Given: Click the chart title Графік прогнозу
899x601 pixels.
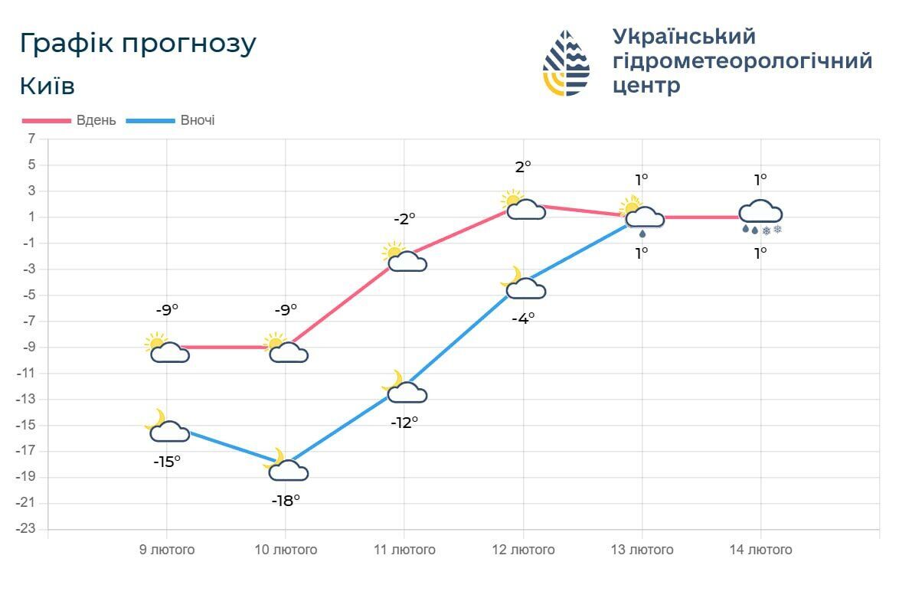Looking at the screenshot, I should [138, 44].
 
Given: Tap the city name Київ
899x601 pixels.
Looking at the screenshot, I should [47, 86].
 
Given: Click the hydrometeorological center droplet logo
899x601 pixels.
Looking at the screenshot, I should [567, 63].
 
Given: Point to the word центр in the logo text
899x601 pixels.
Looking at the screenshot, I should [646, 85].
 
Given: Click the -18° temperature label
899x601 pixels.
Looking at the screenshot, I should [286, 501].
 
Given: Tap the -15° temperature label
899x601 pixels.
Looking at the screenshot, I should [167, 462].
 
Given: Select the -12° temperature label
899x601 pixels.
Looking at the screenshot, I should [404, 422].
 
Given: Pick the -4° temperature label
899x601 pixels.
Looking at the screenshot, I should [523, 318].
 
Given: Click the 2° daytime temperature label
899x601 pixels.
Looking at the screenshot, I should [523, 166].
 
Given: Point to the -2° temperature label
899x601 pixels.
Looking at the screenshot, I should [404, 218].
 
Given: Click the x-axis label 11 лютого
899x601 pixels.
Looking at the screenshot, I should [404, 550].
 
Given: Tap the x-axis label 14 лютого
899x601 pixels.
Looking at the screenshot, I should [760, 550].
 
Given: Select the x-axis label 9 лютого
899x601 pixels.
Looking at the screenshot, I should [167, 550].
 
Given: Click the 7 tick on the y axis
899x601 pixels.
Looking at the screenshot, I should [31, 139].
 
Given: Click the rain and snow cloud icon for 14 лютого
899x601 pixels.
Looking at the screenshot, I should [760, 215].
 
